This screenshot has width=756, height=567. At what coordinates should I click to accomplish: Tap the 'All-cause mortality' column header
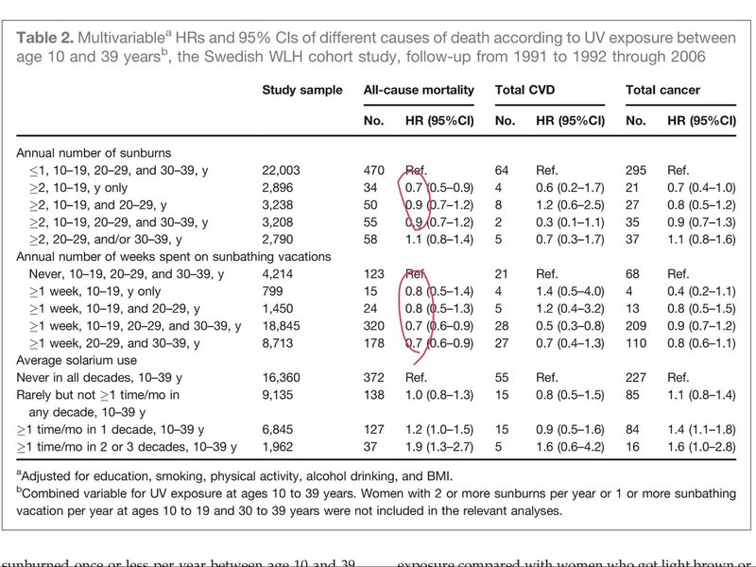click(419, 91)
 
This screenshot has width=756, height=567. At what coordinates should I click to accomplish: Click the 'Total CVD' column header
click(525, 91)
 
